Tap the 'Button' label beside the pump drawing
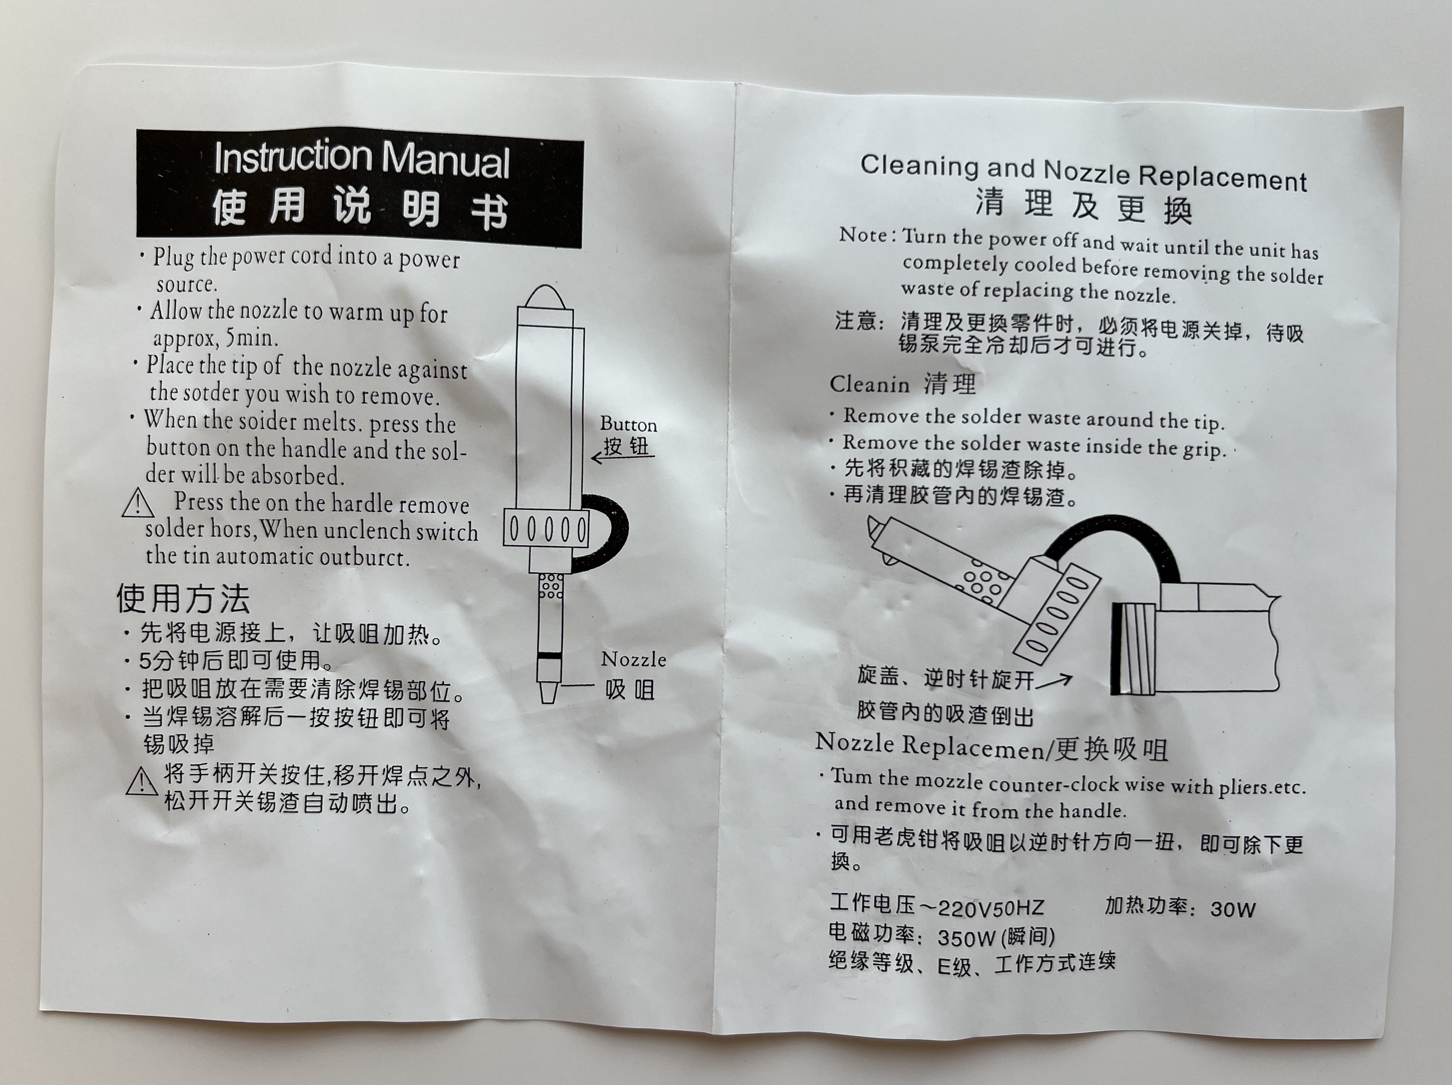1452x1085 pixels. point(628,424)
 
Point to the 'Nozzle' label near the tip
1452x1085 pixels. point(633,659)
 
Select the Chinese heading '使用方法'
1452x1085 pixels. point(183,598)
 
